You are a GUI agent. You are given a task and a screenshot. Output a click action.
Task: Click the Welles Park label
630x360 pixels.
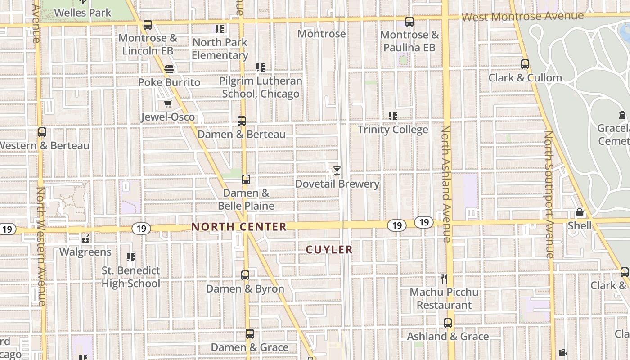(x=82, y=13)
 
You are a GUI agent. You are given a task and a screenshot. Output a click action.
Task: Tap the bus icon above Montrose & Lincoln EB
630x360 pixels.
(x=147, y=25)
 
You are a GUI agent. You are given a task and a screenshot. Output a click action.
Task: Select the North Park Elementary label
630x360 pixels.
(x=220, y=49)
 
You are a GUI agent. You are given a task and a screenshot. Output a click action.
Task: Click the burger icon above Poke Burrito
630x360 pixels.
(x=169, y=69)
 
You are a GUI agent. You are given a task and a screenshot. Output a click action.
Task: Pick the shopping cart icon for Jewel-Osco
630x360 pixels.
(x=168, y=104)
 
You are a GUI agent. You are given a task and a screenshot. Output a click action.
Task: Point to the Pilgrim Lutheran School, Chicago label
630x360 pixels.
(x=261, y=87)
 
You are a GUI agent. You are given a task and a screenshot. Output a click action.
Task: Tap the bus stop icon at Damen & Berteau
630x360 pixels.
(x=242, y=121)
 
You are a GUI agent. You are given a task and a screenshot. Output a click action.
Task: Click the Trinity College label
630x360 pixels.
(x=393, y=130)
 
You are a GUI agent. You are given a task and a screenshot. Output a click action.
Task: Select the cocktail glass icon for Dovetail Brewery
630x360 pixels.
(x=337, y=171)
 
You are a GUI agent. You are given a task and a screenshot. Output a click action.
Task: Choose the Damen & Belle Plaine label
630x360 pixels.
(x=246, y=199)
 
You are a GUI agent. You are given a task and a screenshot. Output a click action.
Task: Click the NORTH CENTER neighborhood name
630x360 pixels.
(x=239, y=227)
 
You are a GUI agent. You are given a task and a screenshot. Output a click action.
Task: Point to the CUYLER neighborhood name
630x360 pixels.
(x=329, y=249)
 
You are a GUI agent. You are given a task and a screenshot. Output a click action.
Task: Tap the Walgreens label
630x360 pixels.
(x=85, y=252)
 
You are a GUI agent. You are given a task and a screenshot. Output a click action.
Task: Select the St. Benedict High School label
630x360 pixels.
(x=131, y=277)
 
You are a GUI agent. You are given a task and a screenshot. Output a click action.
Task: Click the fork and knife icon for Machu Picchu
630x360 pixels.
(x=444, y=279)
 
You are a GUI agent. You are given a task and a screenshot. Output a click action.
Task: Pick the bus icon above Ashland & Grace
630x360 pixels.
(x=447, y=323)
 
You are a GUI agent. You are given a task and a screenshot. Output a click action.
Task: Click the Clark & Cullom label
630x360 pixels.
(x=525, y=78)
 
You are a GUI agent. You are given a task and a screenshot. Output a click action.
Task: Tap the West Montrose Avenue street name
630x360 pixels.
(x=523, y=17)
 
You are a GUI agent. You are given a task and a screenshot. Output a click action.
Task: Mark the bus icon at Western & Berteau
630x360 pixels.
(x=42, y=132)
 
